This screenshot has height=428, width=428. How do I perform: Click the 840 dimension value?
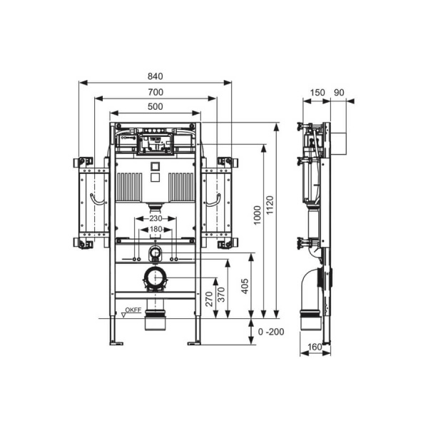click(156, 76)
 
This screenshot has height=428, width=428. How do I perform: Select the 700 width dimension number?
click(156, 92)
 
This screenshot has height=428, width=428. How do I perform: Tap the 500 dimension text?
click(156, 107)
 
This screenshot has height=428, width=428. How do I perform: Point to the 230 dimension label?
click(156, 218)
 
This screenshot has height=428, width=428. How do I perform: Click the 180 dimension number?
click(156, 229)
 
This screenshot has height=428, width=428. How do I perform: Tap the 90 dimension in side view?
click(340, 92)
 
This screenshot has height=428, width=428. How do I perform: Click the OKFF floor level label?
click(133, 310)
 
